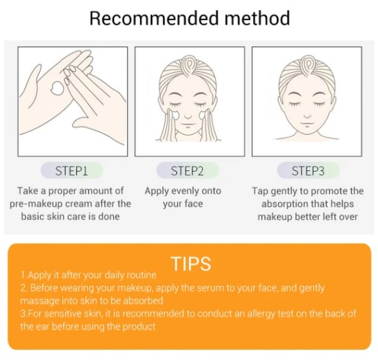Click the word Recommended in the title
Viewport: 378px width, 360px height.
click(155, 18)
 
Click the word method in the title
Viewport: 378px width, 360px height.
click(258, 18)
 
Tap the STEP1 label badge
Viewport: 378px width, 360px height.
click(72, 171)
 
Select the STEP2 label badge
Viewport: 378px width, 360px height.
click(188, 171)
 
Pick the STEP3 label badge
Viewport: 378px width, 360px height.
click(308, 171)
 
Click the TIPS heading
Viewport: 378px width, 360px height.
click(190, 264)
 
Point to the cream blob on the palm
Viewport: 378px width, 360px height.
click(58, 88)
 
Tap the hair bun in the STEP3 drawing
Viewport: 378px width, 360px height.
click(307, 64)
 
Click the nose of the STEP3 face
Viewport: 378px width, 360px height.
click(307, 116)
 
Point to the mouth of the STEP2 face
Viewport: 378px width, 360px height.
click(188, 125)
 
